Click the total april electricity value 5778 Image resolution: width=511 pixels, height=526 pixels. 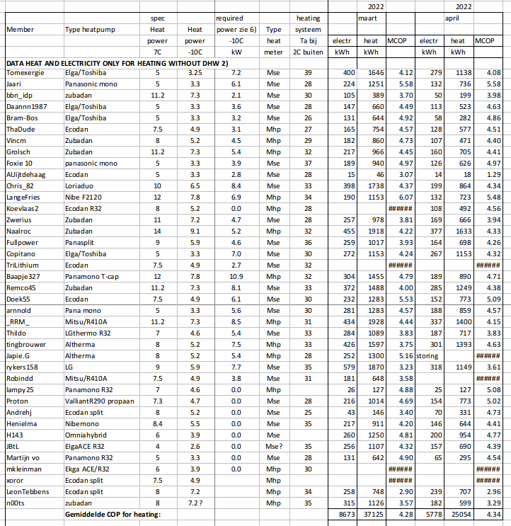point(431,514)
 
